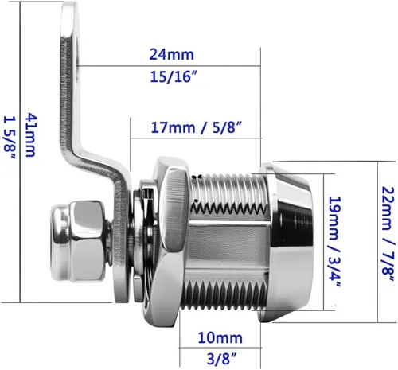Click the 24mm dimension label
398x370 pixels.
click(171, 54)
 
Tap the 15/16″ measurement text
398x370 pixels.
click(174, 76)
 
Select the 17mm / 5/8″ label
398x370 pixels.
click(197, 127)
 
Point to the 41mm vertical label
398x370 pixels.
click(31, 135)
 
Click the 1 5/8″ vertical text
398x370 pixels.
click(10, 138)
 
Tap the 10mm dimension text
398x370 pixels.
click(220, 338)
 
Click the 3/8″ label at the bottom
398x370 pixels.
click(221, 359)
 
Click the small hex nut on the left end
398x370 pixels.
click(88, 241)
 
